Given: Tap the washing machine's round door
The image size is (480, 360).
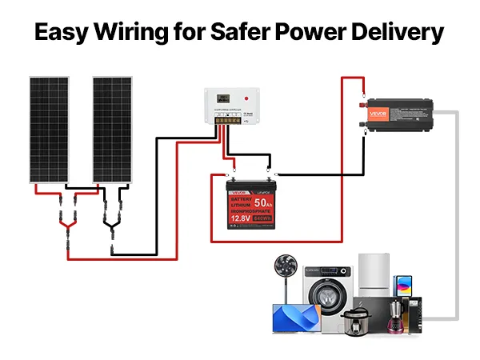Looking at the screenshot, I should (x=330, y=294).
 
